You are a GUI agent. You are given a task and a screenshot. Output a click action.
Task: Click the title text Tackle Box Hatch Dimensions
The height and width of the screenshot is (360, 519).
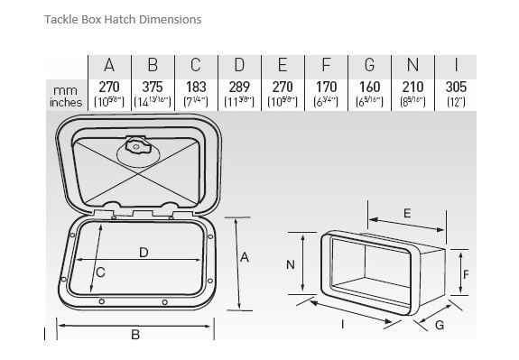click(123, 19)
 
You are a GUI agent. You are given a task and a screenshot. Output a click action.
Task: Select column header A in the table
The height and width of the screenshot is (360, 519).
click(110, 66)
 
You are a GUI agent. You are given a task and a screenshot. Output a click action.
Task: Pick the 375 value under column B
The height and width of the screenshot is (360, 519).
click(153, 88)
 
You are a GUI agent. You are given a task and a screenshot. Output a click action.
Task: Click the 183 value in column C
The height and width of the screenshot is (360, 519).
click(197, 88)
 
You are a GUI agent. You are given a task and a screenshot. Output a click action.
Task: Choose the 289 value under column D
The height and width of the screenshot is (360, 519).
click(239, 88)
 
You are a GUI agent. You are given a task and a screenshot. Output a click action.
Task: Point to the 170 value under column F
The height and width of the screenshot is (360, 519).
click(326, 88)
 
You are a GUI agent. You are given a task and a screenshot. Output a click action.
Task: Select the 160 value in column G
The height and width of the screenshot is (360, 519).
click(368, 88)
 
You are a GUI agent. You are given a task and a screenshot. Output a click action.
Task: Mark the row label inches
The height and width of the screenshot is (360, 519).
click(64, 102)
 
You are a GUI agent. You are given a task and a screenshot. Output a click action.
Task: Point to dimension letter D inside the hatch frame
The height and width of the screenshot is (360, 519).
click(144, 253)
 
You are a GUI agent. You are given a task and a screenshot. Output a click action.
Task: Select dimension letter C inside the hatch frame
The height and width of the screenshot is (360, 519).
click(101, 272)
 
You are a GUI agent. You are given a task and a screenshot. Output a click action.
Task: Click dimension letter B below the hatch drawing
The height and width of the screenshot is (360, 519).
click(135, 335)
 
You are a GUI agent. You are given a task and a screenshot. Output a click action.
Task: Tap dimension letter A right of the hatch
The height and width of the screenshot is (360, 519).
click(245, 257)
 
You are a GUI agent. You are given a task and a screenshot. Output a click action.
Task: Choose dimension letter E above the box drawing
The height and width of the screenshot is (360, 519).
click(407, 213)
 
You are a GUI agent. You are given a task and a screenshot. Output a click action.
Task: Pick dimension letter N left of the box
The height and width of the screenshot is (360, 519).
click(291, 264)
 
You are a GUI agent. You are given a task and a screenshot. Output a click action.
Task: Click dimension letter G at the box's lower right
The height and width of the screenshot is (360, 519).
click(440, 326)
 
